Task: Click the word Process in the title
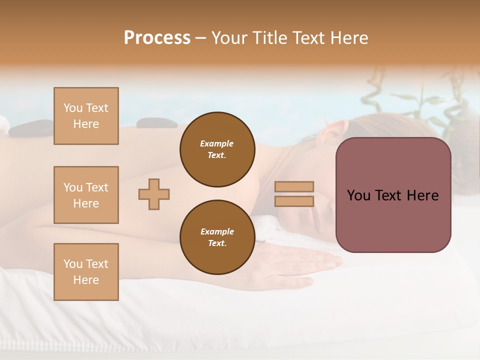(x=157, y=38)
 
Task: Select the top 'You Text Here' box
(x=86, y=116)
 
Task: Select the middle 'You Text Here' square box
(x=86, y=195)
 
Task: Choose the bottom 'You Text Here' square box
(x=86, y=272)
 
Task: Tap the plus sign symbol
(x=154, y=194)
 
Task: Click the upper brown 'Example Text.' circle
(x=217, y=149)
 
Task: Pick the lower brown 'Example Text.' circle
(x=217, y=237)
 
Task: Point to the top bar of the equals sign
(x=294, y=187)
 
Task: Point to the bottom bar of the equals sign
(x=294, y=201)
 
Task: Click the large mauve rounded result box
(x=393, y=195)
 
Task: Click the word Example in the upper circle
(x=217, y=143)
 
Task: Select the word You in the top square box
(x=72, y=108)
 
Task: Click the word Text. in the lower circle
(x=217, y=243)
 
